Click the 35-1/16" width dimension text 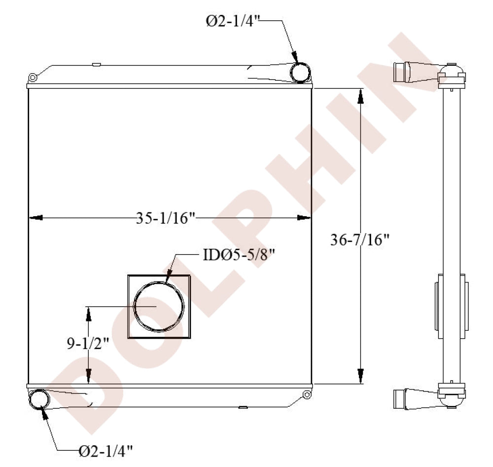[166, 218]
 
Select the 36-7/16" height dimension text [360, 240]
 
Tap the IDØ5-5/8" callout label [239, 255]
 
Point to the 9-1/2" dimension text [88, 344]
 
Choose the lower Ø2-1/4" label [106, 451]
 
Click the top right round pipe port [300, 73]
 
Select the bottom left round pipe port [39, 399]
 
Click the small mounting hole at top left [33, 78]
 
